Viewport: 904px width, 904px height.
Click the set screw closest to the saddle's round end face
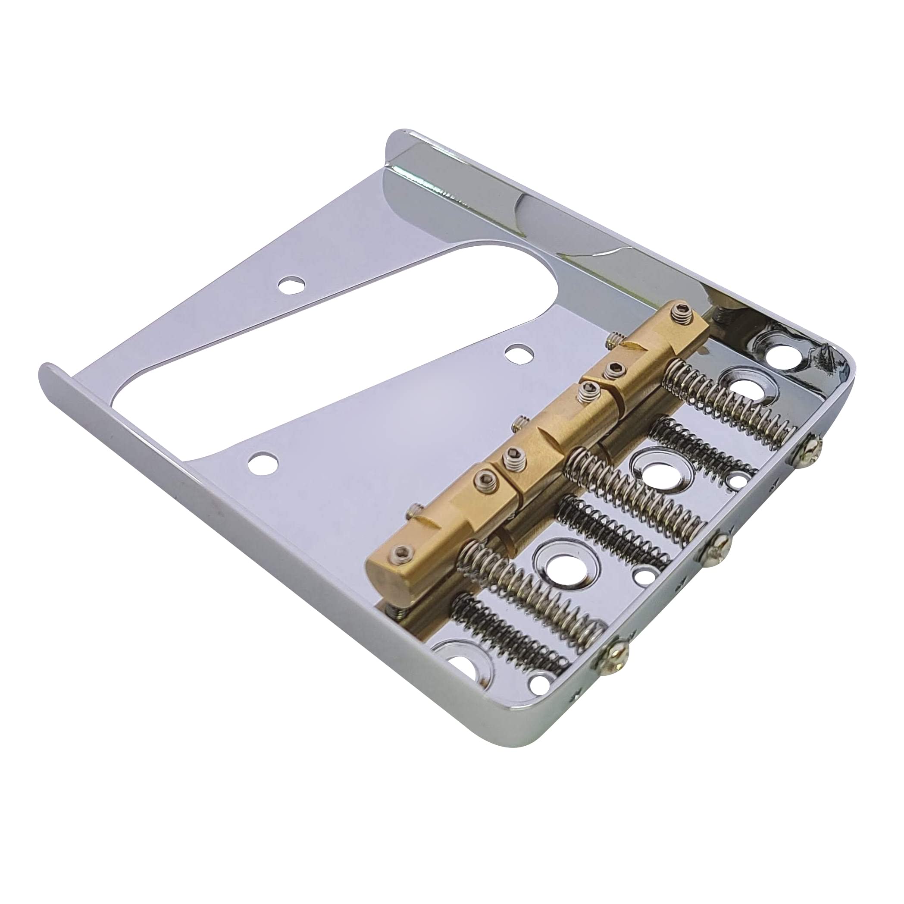tap(404, 554)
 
